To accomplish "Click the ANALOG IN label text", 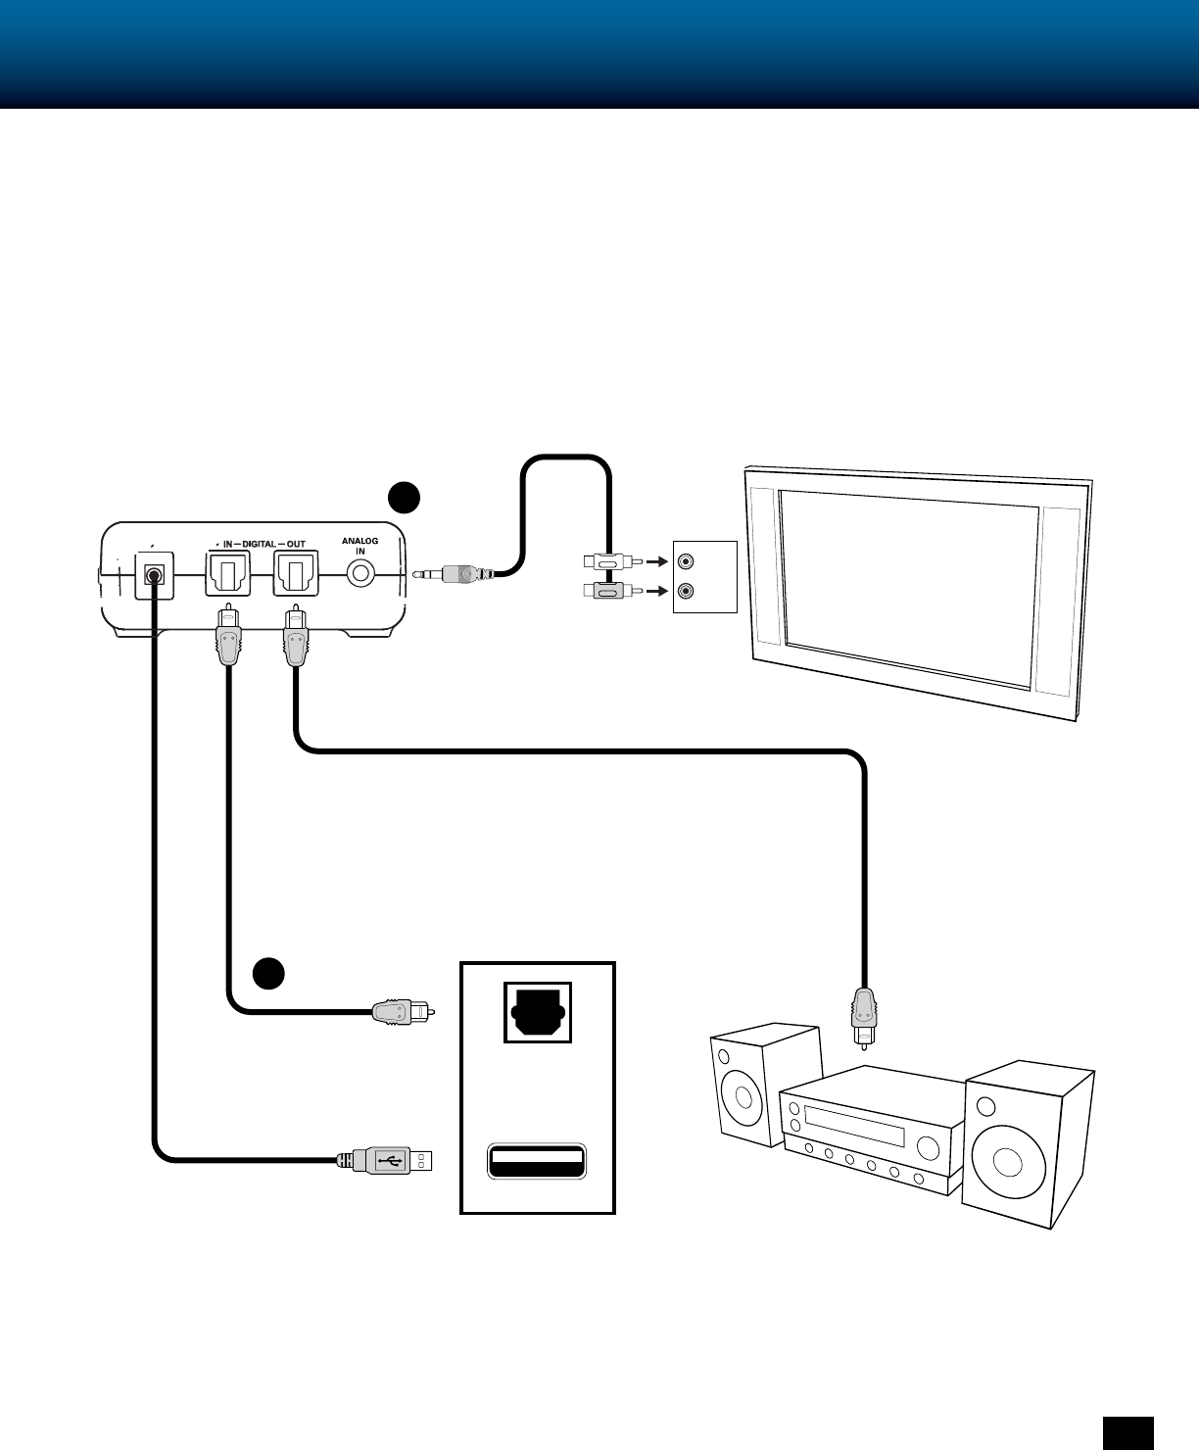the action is coord(360,546).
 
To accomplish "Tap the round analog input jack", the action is coord(360,573).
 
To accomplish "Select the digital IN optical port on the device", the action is coord(227,573).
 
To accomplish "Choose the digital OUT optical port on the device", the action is coord(295,573).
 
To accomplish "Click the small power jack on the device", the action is coord(154,575).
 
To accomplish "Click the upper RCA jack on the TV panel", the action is coord(686,561).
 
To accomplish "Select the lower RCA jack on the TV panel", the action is coord(686,591).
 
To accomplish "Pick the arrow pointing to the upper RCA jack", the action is coord(656,561).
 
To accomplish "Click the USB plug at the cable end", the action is coord(385,1160).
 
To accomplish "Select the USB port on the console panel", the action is coord(537,1160).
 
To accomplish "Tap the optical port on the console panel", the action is coord(538,1012).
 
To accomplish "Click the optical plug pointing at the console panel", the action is coord(404,1012).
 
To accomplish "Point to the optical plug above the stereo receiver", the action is coord(864,1018).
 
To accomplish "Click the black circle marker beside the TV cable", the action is coord(404,498).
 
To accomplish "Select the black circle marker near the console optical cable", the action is coord(268,973).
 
